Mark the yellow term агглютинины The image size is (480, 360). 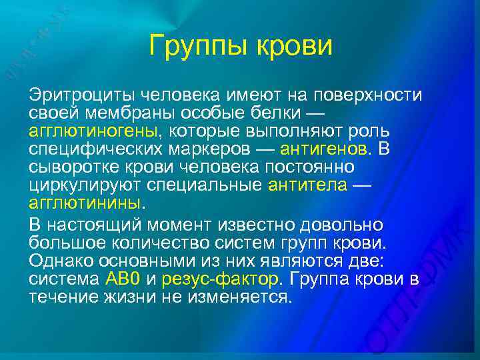coord(85,201)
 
